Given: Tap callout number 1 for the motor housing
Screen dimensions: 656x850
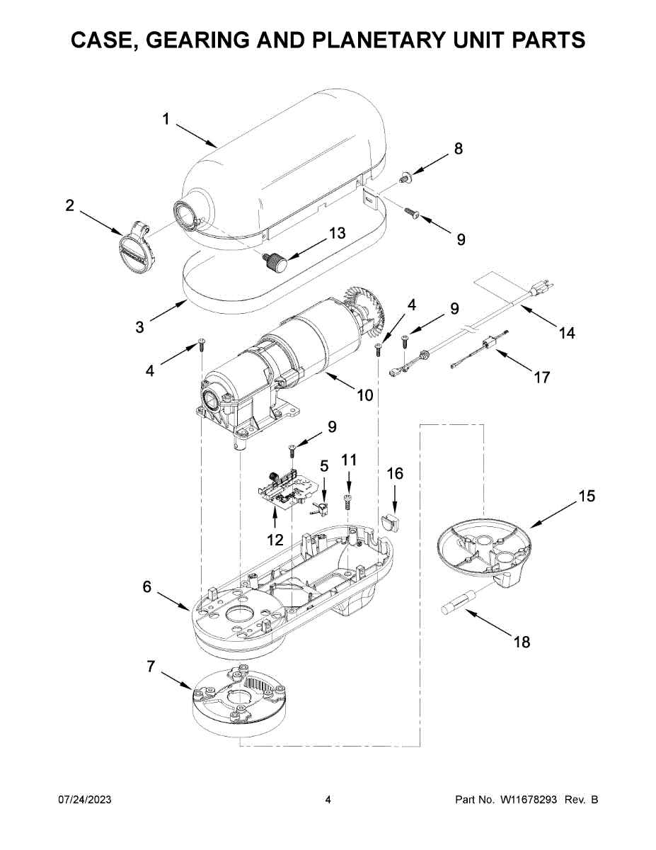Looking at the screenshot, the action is (166, 119).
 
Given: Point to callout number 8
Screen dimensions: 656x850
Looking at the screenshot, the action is (459, 149).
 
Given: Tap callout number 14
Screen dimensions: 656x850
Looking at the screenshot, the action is (567, 334).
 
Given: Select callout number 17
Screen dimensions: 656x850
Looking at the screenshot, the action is (542, 378).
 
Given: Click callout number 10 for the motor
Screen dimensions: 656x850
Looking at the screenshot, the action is (365, 395).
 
